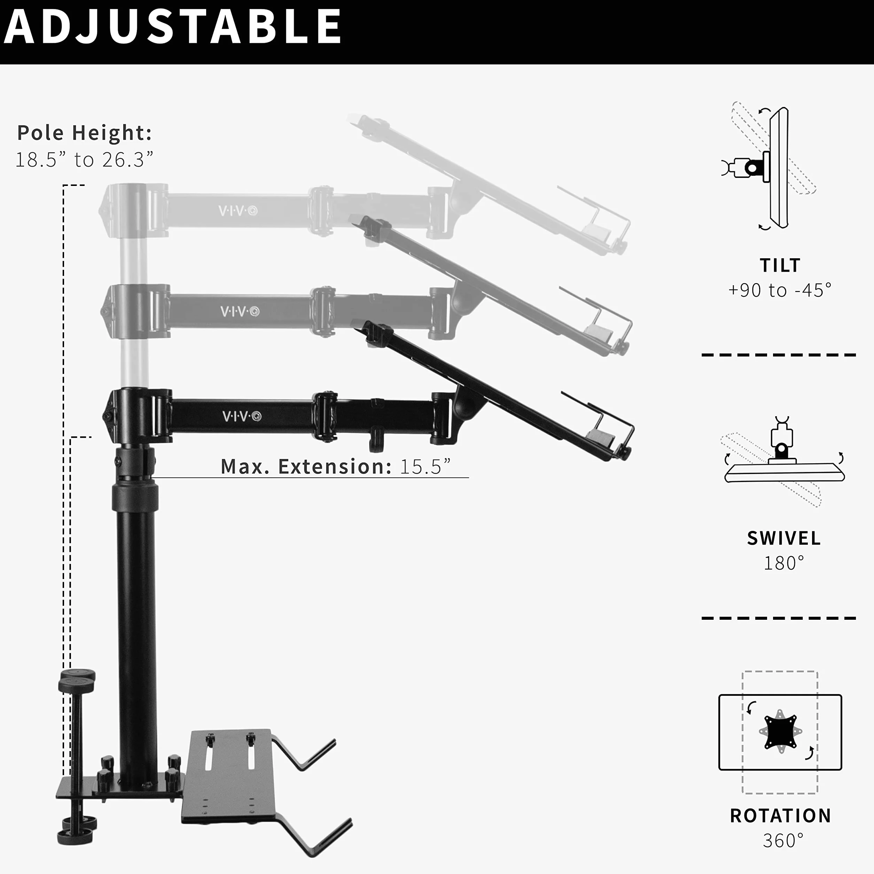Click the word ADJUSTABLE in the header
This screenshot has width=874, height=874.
[172, 26]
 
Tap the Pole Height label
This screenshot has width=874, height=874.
[85, 133]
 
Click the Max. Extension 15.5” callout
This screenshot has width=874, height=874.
[336, 466]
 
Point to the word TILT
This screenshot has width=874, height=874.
[780, 266]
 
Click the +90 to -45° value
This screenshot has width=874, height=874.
[780, 290]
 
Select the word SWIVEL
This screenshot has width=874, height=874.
[783, 538]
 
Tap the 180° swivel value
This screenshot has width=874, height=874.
[784, 563]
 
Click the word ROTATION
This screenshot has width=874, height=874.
[781, 816]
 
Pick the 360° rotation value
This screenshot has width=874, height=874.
[783, 841]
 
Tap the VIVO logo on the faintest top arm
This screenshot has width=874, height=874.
[238, 211]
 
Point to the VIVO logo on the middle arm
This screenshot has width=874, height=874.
[240, 312]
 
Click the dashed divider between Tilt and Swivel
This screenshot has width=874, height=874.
[779, 355]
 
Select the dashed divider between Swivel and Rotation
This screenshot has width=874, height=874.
[779, 618]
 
